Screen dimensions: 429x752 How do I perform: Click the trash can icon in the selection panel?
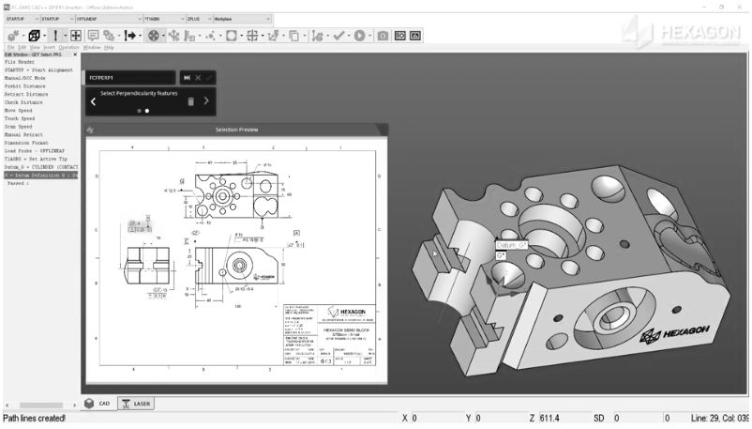(190, 101)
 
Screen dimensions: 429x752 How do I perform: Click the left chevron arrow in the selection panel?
(93, 101)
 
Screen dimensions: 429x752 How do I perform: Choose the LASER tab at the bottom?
(137, 403)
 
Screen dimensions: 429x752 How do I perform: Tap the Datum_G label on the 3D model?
(512, 245)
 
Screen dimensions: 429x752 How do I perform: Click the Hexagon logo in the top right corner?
(688, 35)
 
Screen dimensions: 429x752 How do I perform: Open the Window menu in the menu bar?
(92, 46)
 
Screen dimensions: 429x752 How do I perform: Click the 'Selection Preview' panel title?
(236, 130)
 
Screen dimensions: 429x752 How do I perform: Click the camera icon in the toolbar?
(383, 35)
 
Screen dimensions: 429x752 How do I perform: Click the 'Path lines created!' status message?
(35, 418)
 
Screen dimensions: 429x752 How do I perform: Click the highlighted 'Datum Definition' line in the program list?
(39, 175)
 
